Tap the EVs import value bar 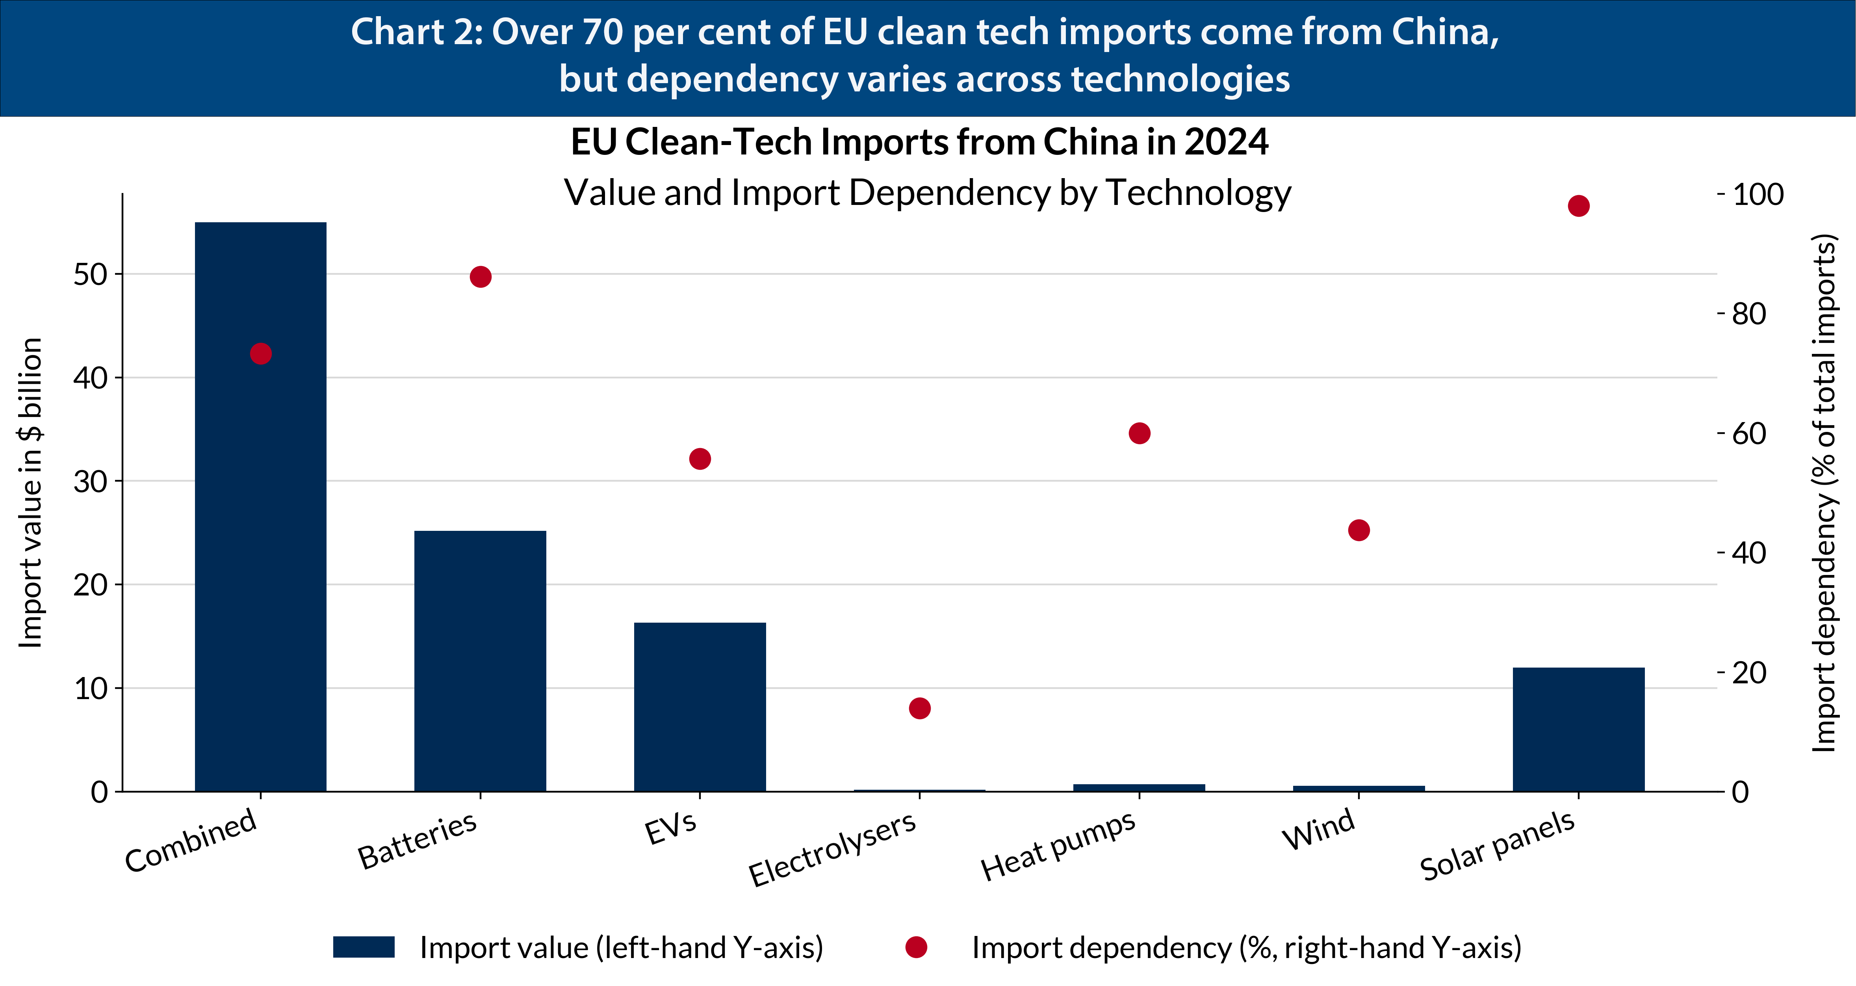point(700,706)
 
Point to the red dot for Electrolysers point(919,709)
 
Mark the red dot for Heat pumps point(1139,433)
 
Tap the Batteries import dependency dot point(480,277)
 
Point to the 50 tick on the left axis point(90,275)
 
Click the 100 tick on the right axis point(1757,195)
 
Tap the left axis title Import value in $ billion point(30,493)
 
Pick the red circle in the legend point(916,947)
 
